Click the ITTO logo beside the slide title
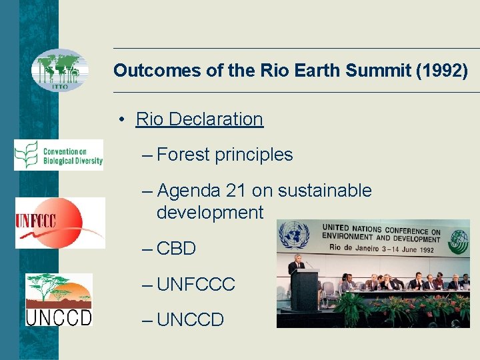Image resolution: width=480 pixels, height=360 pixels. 60,70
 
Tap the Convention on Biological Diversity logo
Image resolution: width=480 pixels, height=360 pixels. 59,155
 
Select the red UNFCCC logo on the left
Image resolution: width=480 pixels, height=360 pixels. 60,223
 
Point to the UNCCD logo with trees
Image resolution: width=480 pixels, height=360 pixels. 59,299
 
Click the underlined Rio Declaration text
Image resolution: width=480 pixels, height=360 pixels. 199,119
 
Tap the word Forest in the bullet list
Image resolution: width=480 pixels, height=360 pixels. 183,155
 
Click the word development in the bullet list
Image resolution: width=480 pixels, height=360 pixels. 210,213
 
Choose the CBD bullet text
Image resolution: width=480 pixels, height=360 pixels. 177,249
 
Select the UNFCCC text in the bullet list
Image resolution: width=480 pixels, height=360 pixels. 196,285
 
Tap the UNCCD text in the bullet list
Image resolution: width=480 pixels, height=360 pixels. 191,320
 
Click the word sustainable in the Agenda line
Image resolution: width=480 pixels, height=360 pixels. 325,191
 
